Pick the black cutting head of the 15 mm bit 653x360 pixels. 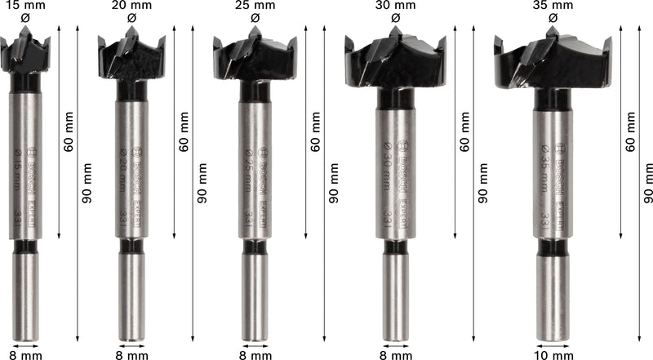(25, 53)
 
